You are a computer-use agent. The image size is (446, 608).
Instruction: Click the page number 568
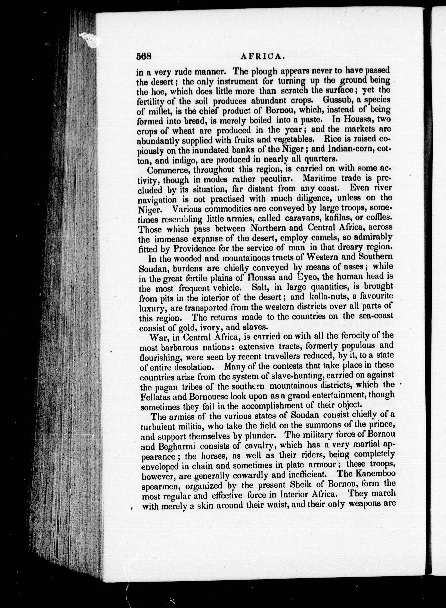coord(145,56)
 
